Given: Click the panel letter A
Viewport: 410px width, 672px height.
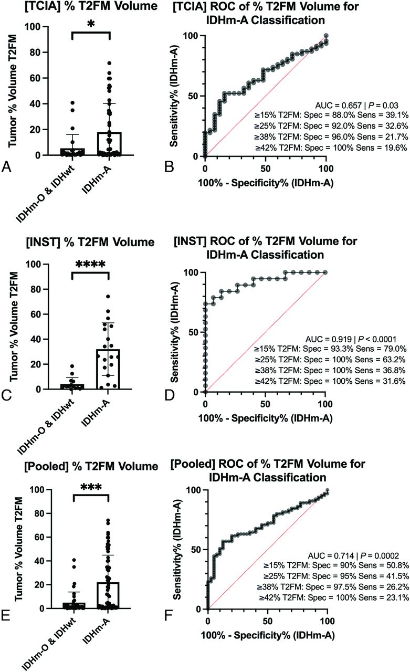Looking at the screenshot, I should (7, 166).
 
